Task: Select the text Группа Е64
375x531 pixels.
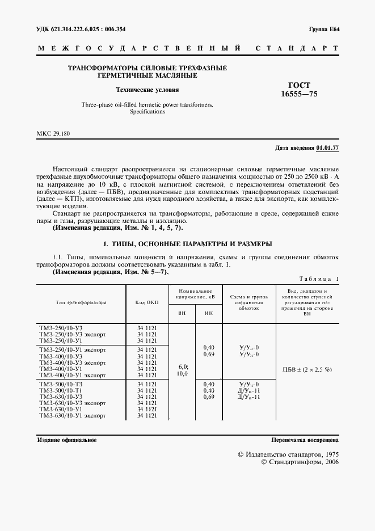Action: pyautogui.click(x=324, y=28)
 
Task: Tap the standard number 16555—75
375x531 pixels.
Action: pyautogui.click(x=300, y=94)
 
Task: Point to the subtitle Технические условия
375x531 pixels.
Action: pyautogui.click(x=147, y=90)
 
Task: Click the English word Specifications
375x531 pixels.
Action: pyautogui.click(x=147, y=112)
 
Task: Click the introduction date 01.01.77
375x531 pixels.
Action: pyautogui.click(x=327, y=147)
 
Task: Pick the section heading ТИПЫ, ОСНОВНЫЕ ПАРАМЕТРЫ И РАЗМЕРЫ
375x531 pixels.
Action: pyautogui.click(x=187, y=244)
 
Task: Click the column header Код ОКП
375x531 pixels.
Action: pyautogui.click(x=147, y=302)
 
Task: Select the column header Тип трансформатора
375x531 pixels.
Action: pyautogui.click(x=82, y=302)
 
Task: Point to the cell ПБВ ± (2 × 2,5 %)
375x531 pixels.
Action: pyautogui.click(x=307, y=369)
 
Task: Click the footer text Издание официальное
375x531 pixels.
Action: pyautogui.click(x=66, y=440)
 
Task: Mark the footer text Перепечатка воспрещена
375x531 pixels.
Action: pyautogui.click(x=305, y=440)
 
